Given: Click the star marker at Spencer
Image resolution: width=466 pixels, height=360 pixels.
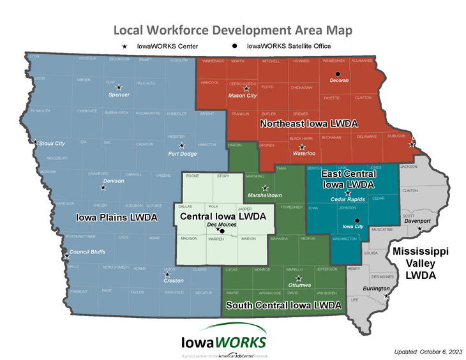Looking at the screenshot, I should tap(118, 87).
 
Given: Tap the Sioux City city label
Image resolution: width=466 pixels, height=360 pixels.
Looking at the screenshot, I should tap(52, 144).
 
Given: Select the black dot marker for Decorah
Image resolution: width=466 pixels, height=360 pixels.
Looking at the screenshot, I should tap(339, 73).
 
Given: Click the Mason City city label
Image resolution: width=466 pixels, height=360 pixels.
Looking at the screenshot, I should tap(243, 96).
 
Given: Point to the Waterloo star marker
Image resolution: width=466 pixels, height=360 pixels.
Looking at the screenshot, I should tap(302, 147).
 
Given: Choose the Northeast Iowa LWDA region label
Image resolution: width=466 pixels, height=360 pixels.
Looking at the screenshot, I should tap(308, 123).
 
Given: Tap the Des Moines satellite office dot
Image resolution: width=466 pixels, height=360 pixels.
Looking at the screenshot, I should tap(222, 230).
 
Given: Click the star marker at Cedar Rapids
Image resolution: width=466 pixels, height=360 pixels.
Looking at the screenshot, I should tap(348, 192).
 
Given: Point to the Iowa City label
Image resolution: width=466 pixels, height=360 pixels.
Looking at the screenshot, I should tap(353, 227).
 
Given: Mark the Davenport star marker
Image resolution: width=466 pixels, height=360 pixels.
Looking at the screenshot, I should tap(419, 229).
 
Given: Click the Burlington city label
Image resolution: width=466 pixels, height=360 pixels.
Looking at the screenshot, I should tap(376, 289).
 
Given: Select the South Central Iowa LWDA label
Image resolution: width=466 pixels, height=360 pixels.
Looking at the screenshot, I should tap(283, 305).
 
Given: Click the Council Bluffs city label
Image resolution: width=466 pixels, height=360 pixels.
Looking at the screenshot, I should tap(87, 251).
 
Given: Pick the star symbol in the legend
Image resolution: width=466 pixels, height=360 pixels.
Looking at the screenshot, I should tap(125, 47).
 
